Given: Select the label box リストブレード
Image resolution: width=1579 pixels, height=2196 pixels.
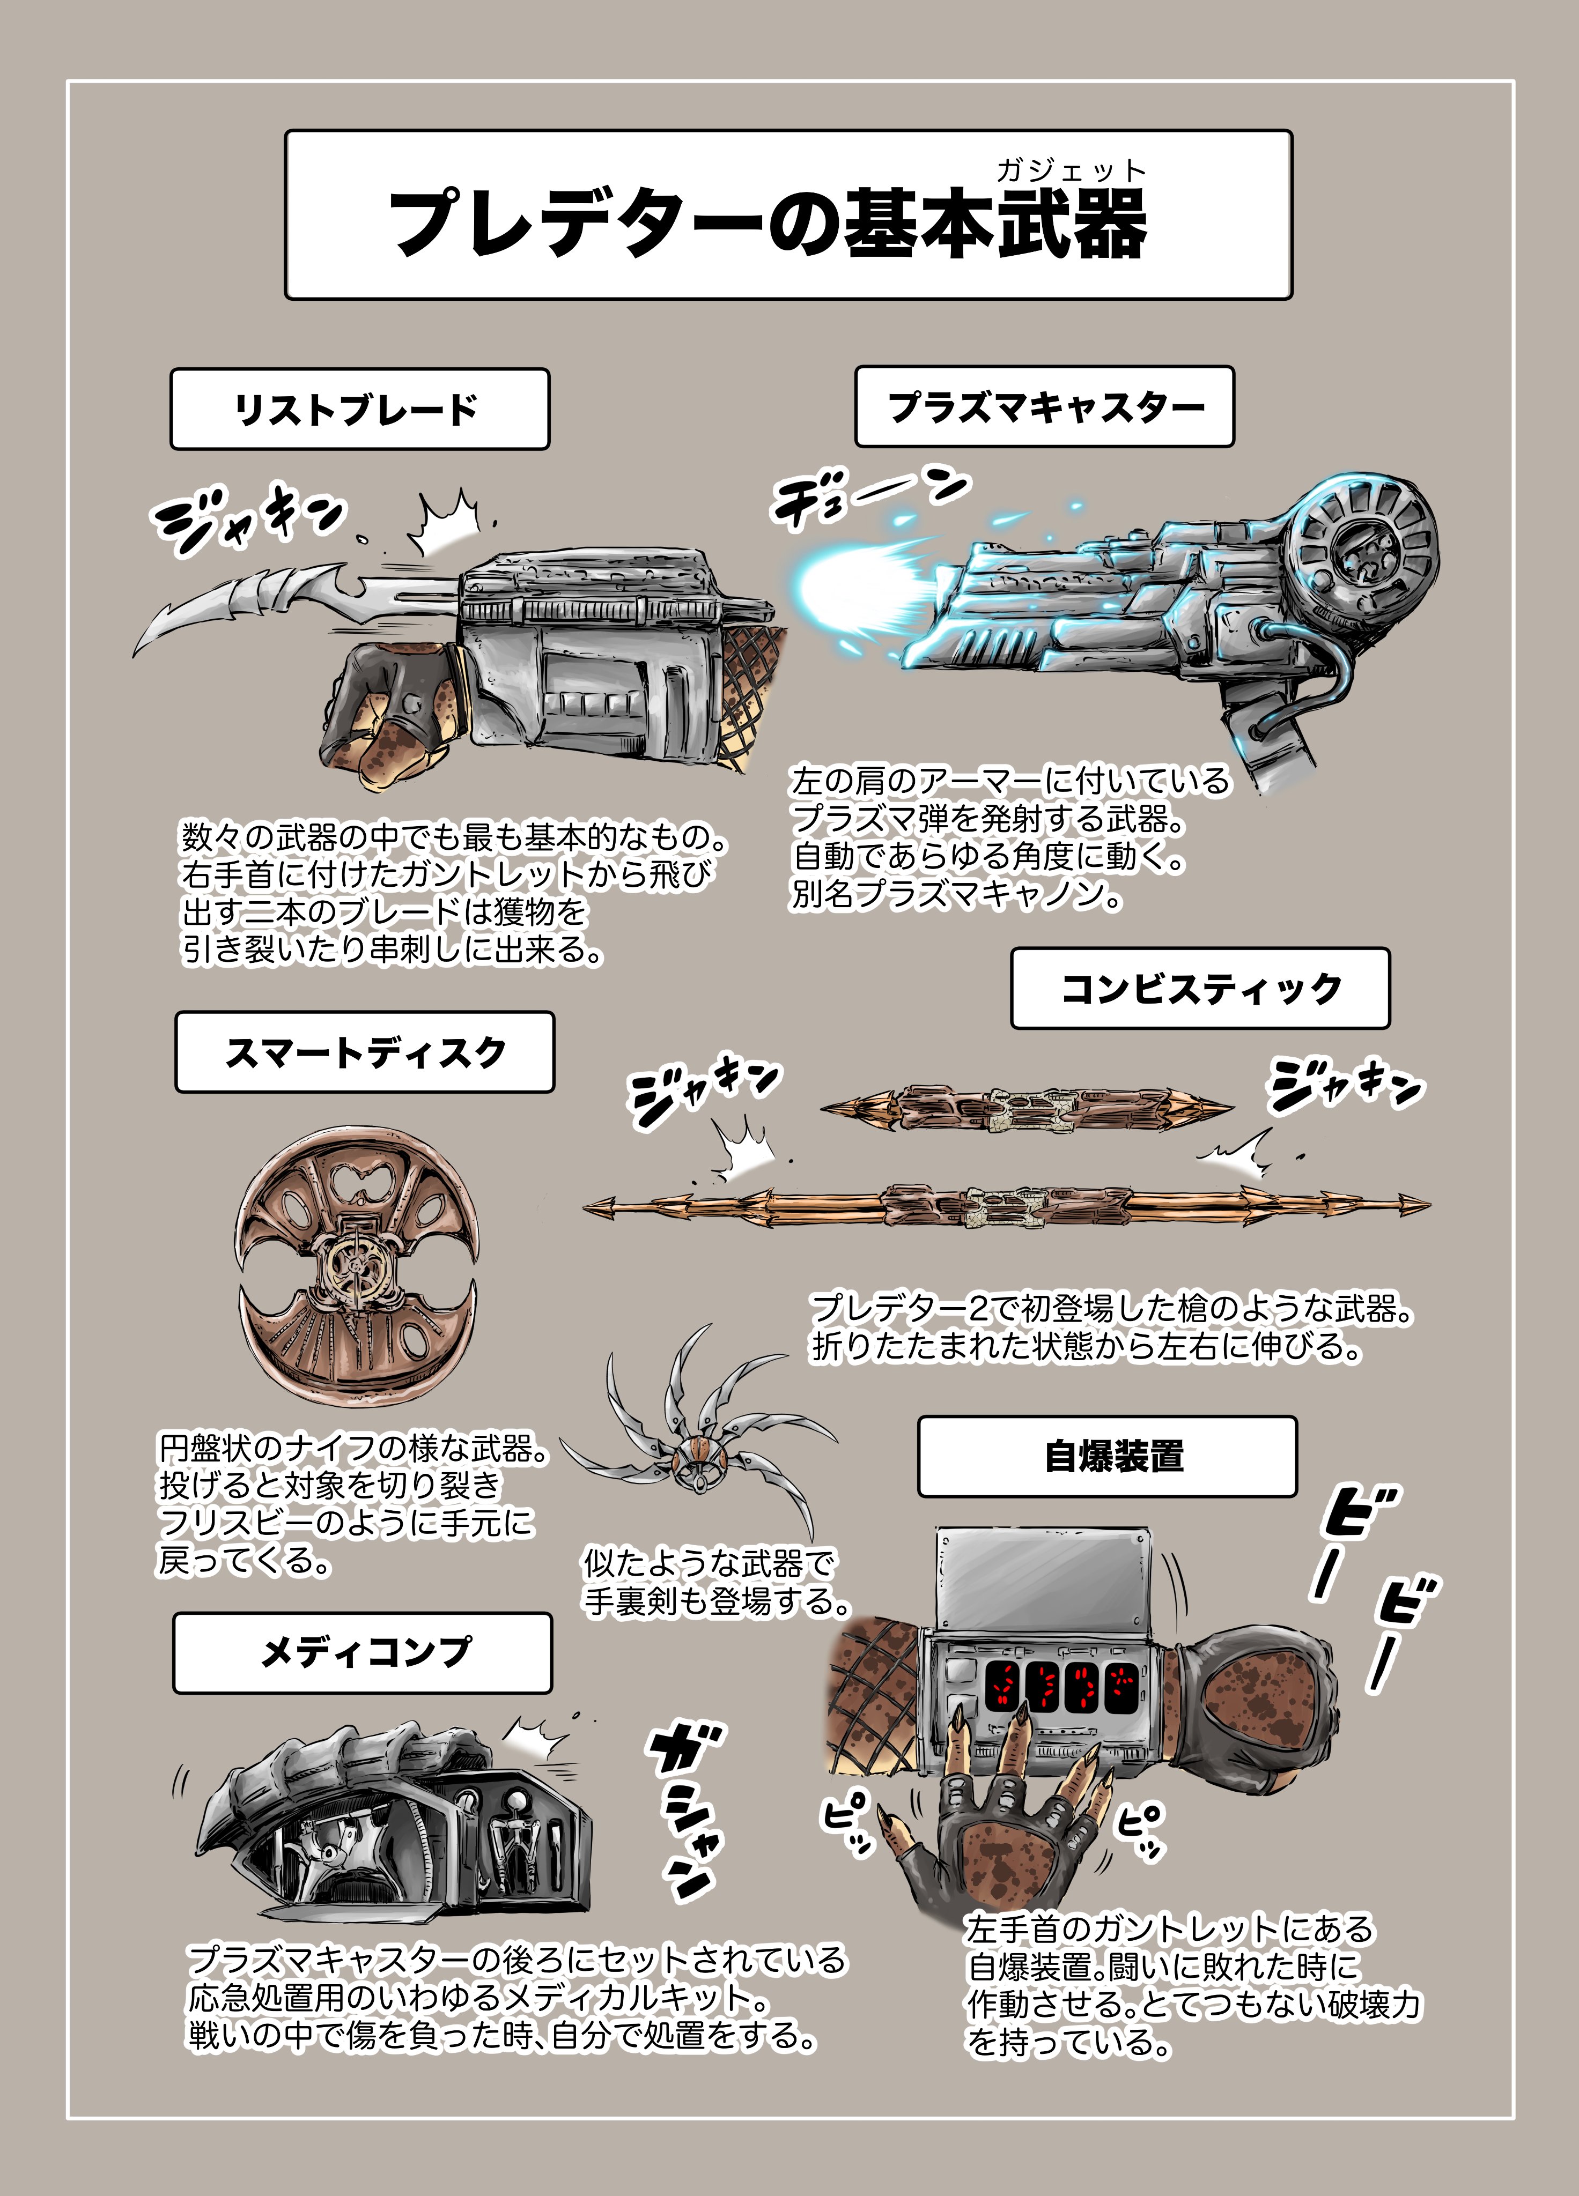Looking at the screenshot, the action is click(359, 409).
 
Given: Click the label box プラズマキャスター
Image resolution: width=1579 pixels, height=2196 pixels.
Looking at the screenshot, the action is click(1044, 406).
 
